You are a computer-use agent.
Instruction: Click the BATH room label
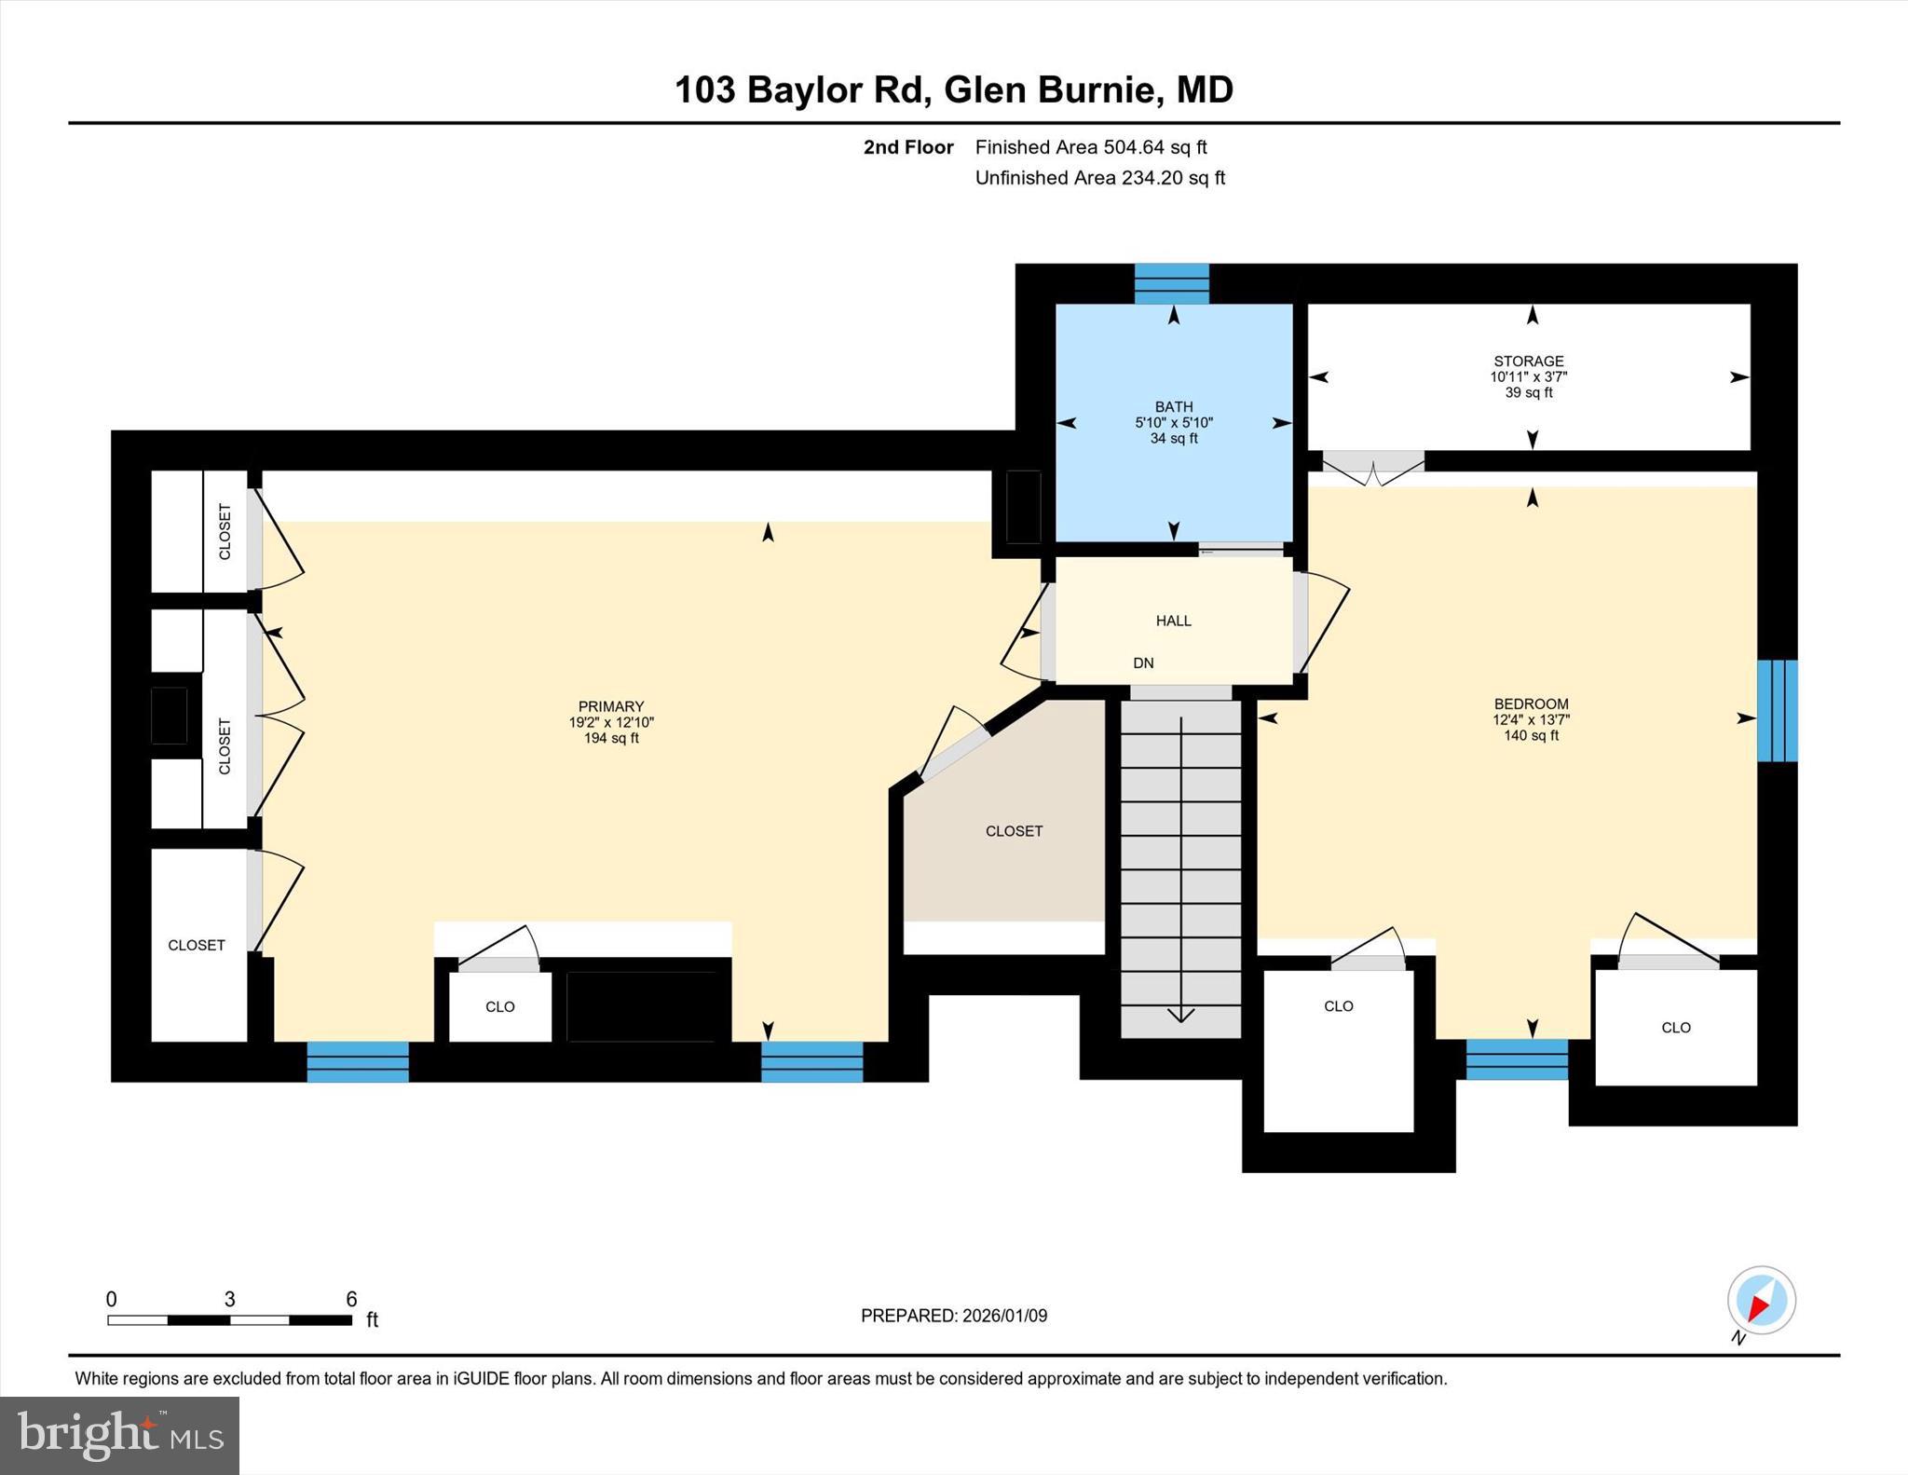(1173, 407)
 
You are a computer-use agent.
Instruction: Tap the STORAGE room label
(1528, 362)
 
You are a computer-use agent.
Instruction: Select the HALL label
(1173, 621)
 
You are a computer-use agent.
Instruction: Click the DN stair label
(1143, 663)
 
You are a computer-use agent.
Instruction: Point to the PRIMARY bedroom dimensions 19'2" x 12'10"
(611, 722)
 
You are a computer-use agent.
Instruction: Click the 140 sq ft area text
(1531, 736)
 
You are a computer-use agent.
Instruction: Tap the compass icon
(1760, 1301)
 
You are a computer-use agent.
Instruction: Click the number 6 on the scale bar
(351, 1299)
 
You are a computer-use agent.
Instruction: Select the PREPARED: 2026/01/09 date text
(953, 1316)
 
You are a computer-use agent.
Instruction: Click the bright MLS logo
(119, 1435)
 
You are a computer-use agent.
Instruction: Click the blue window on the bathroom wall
(1171, 284)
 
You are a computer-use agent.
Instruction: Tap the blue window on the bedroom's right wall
(1776, 711)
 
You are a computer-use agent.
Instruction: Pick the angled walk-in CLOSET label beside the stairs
(1014, 831)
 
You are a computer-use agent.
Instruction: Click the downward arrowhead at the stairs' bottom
(1180, 1016)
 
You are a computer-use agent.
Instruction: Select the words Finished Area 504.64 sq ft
(1090, 147)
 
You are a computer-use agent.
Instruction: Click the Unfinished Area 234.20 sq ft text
(1099, 178)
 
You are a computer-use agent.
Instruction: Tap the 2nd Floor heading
(907, 147)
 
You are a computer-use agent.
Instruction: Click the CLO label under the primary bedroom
(499, 1007)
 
